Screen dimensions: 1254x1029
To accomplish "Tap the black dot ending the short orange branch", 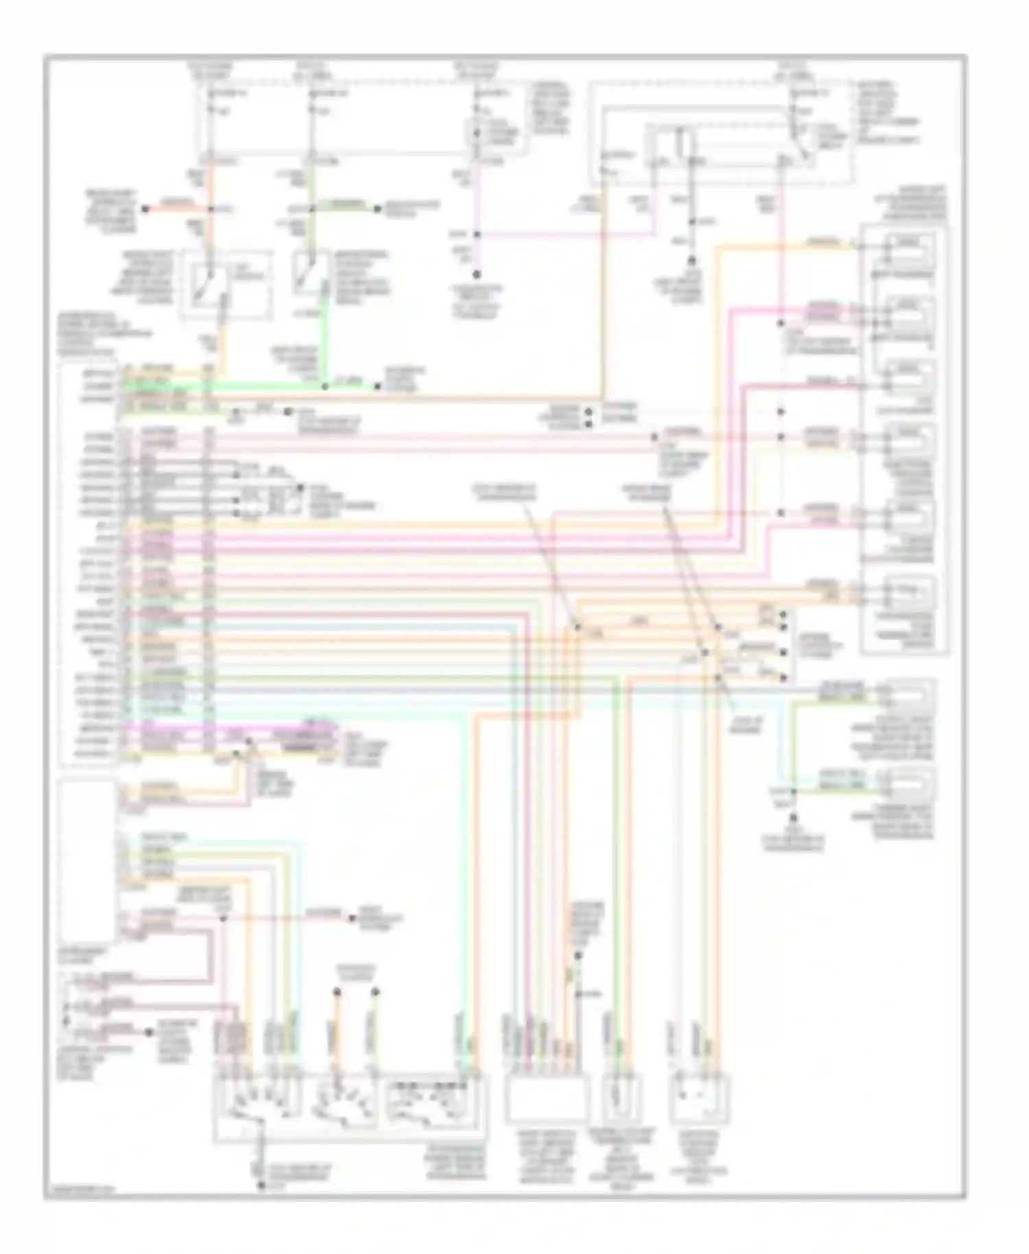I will pos(145,209).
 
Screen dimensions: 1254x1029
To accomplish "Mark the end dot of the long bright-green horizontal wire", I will pos(377,387).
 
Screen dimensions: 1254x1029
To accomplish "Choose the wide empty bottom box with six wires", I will pos(545,1097).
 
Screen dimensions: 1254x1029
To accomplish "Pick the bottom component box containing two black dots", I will pos(698,1097).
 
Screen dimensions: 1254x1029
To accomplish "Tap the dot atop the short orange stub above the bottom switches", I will pos(337,992).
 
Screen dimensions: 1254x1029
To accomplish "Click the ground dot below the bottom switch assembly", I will pos(261,1185).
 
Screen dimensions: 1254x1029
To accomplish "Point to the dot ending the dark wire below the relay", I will pos(692,261).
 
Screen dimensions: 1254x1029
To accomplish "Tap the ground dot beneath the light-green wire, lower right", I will pos(794,818).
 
